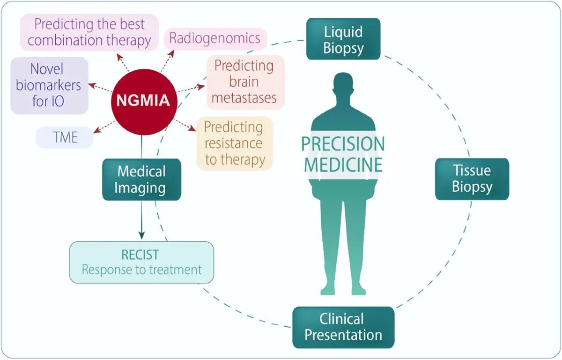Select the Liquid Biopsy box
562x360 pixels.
(x=343, y=39)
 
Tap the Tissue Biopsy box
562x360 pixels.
(x=472, y=179)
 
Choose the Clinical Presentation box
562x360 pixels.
(x=343, y=327)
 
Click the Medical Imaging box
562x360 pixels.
(x=141, y=180)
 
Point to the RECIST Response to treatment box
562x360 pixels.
(x=141, y=262)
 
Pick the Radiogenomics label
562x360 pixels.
(x=215, y=38)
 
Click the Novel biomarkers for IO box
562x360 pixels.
(x=49, y=85)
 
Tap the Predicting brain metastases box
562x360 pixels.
(x=244, y=82)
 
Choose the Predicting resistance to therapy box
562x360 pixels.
(x=234, y=143)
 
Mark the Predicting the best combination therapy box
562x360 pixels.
(x=89, y=32)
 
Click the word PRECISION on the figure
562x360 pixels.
(x=343, y=144)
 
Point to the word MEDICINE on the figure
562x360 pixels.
(x=343, y=165)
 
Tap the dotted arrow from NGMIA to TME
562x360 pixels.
(x=104, y=126)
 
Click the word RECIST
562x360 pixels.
(x=140, y=255)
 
